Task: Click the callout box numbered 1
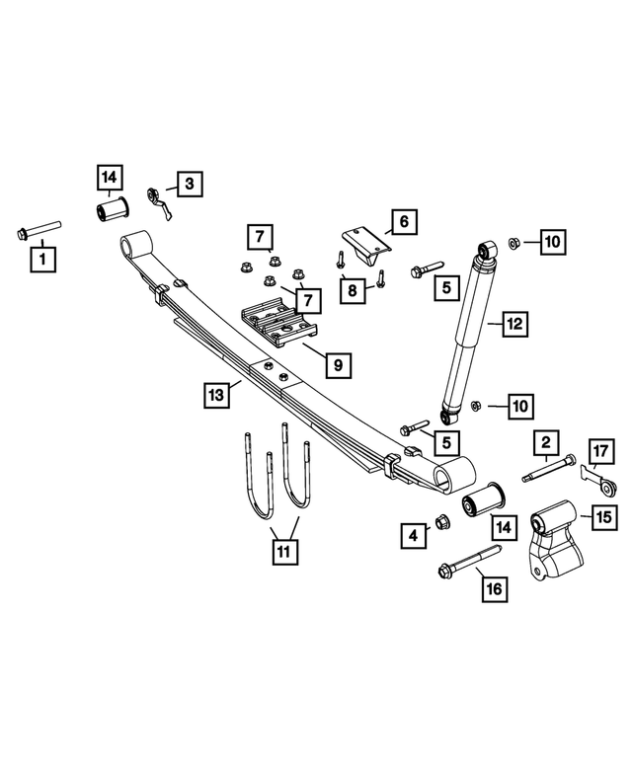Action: click(42, 261)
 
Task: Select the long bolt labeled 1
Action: click(38, 231)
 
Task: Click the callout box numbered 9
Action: click(338, 365)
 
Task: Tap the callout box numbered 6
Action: click(403, 222)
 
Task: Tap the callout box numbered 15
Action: click(601, 515)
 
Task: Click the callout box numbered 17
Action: click(601, 452)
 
